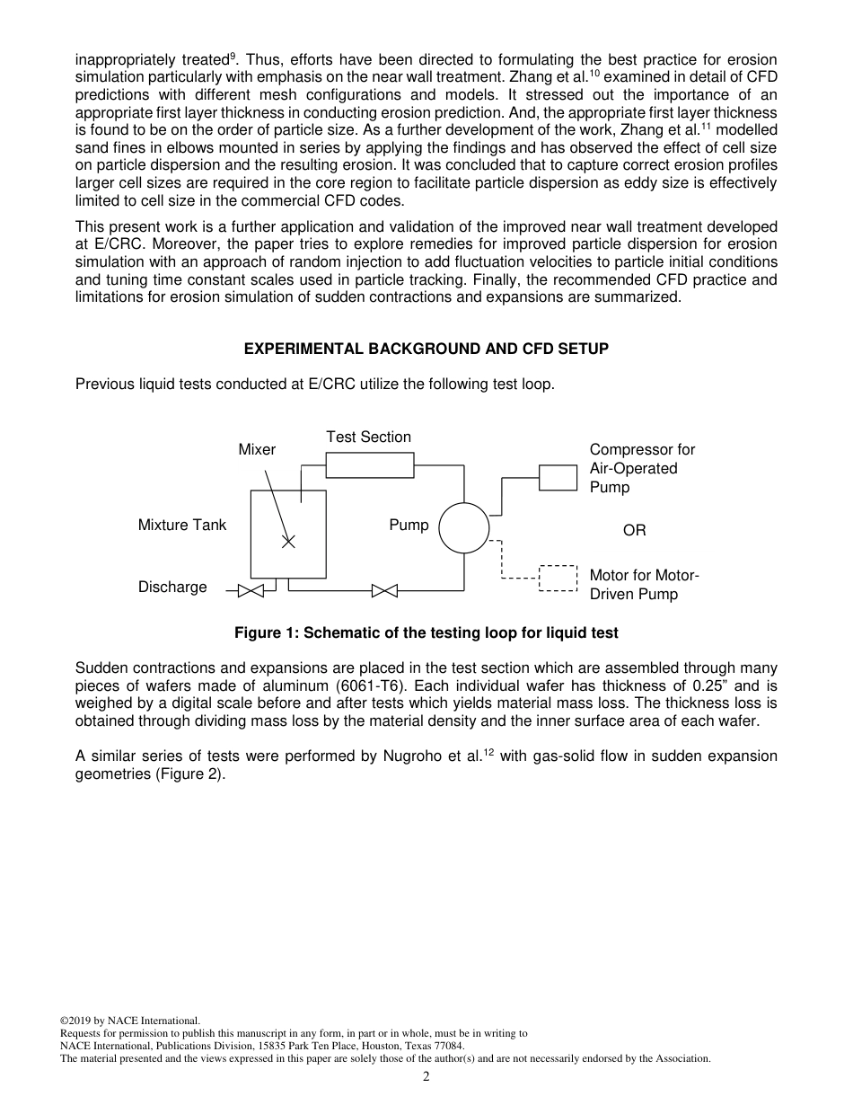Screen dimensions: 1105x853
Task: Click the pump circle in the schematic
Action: click(464, 528)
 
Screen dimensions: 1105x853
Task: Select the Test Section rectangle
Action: click(369, 464)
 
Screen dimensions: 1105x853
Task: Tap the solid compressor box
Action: click(558, 477)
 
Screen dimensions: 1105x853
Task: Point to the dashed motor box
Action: click(558, 578)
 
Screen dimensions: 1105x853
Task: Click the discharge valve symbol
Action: click(251, 590)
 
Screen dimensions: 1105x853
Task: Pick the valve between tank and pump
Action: click(384, 590)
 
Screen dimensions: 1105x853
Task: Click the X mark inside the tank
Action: click(288, 542)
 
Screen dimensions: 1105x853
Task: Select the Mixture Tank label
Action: click(182, 525)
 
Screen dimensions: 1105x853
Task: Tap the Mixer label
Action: click(257, 449)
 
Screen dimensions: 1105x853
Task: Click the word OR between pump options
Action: click(634, 531)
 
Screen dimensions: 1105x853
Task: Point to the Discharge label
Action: click(172, 587)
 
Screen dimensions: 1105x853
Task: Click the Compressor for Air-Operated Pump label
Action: click(641, 468)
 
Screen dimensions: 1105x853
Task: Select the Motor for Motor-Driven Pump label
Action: click(644, 585)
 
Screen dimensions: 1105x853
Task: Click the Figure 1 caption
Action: click(426, 632)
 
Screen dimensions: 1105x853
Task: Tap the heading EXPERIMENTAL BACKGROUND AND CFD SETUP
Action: click(426, 349)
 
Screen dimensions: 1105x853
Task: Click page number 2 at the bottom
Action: click(426, 1077)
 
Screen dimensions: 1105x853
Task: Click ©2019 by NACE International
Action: click(129, 1021)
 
